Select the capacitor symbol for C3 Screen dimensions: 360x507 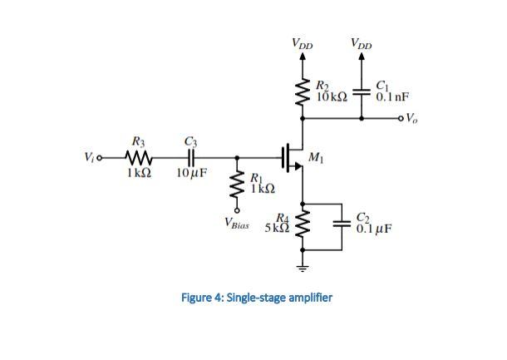pyautogui.click(x=190, y=156)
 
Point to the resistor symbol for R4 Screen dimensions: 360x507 pyautogui.click(x=303, y=224)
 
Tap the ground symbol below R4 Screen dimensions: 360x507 pyautogui.click(x=303, y=267)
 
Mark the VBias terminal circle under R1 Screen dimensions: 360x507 pyautogui.click(x=238, y=210)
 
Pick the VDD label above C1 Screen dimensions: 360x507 pyautogui.click(x=362, y=42)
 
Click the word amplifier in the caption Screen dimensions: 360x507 pyautogui.click(x=305, y=297)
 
